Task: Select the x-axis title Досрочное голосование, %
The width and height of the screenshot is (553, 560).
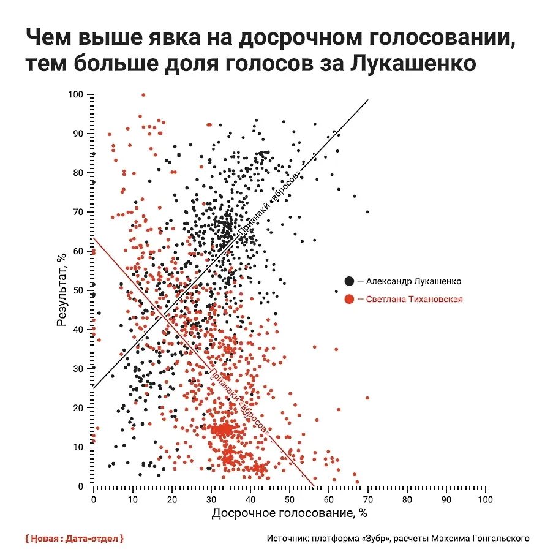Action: (x=289, y=513)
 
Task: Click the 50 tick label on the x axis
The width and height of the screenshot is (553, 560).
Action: (x=289, y=499)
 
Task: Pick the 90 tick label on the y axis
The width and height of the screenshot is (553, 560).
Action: (x=77, y=134)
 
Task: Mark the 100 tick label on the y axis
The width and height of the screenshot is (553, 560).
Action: (x=75, y=94)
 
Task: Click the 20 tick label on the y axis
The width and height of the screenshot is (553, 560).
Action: (x=77, y=408)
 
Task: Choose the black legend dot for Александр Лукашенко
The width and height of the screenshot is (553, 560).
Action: (x=348, y=281)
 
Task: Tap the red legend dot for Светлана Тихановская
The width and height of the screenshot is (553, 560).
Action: (x=348, y=299)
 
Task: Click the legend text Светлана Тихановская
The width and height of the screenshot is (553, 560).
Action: (x=414, y=299)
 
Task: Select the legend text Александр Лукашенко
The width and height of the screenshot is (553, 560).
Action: (x=413, y=281)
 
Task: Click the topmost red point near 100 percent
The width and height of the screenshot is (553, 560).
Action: (x=143, y=95)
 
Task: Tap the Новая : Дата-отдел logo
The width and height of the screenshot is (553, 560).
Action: (x=75, y=539)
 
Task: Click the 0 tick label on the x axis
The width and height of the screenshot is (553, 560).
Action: (x=93, y=499)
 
